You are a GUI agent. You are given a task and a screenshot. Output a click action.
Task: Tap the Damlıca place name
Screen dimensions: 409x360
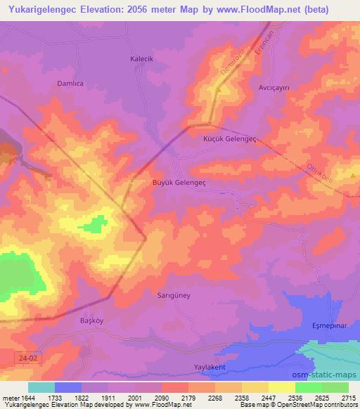[x=70, y=83]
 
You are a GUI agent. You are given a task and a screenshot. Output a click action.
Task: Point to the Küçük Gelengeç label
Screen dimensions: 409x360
[x=229, y=139]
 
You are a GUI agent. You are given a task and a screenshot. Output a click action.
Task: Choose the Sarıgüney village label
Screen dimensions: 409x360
[x=173, y=296]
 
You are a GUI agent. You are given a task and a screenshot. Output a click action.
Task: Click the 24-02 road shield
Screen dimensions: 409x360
[x=25, y=358]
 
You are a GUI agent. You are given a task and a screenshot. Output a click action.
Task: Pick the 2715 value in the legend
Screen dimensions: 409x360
[x=349, y=398]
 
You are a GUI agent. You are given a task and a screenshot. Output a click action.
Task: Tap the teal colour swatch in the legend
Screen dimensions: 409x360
[x=41, y=387]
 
